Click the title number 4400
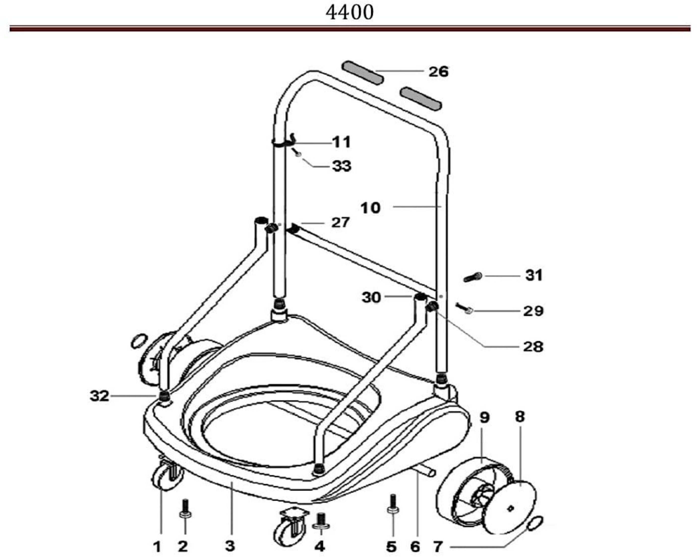pos(350,13)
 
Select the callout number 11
pos(342,142)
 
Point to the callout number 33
pos(342,166)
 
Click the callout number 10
pos(370,208)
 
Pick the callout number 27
pos(340,222)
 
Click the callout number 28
pos(533,347)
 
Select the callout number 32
pos(100,396)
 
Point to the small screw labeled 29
pos(464,308)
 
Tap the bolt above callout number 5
pos(393,504)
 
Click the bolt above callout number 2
pos(185,509)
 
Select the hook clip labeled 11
pos(284,141)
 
